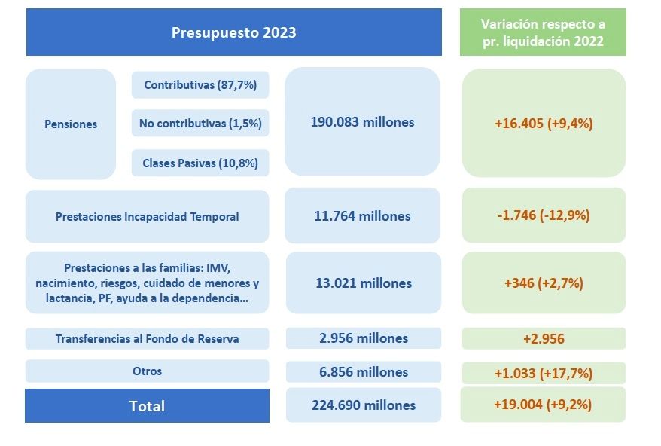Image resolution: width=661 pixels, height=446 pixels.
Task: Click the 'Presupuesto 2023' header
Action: click(x=233, y=32)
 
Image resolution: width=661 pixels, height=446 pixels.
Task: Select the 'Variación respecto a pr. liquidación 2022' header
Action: click(x=543, y=33)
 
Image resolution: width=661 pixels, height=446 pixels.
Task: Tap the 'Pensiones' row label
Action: click(x=71, y=124)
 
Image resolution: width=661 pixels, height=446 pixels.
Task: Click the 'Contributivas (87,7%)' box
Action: click(x=200, y=85)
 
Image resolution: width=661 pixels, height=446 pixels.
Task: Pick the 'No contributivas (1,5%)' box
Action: click(x=200, y=123)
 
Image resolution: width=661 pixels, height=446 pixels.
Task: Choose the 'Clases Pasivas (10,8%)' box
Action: click(x=200, y=163)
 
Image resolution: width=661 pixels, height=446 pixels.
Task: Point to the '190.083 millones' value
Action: click(x=362, y=122)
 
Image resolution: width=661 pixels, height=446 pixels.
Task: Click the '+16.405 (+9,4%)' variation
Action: click(x=544, y=124)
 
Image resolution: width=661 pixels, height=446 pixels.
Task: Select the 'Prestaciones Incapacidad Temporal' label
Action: click(x=147, y=217)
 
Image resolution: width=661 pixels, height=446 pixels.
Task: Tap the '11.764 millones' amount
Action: click(x=362, y=216)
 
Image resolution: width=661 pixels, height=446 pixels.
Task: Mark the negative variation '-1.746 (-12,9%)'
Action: click(x=544, y=215)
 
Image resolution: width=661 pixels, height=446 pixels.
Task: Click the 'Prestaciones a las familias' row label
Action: click(x=147, y=283)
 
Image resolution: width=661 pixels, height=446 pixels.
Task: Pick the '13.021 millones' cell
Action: click(x=363, y=283)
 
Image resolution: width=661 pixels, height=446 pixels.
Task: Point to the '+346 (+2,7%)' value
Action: click(x=544, y=283)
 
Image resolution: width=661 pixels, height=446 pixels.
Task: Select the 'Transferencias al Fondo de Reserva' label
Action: click(x=147, y=339)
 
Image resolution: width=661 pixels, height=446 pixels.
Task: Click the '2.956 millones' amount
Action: click(x=363, y=338)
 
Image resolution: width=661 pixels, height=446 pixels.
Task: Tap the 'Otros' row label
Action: click(x=147, y=371)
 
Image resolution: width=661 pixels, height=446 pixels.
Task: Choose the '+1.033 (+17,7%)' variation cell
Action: click(x=544, y=373)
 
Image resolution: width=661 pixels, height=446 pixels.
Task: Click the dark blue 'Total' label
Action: click(x=147, y=406)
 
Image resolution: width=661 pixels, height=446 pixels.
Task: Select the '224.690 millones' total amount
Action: click(x=363, y=405)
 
